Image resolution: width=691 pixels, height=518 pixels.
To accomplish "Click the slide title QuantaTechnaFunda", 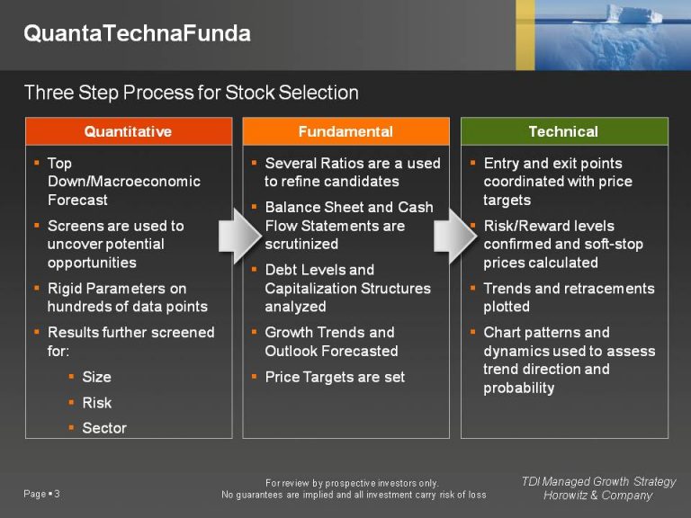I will click(x=137, y=34).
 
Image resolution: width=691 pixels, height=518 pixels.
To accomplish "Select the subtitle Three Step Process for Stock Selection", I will click(x=191, y=93).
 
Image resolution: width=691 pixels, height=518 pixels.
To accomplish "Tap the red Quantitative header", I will click(x=128, y=131).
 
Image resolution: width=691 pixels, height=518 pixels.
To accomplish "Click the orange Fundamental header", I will click(x=345, y=131).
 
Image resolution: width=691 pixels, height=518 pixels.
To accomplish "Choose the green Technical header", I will click(x=563, y=131).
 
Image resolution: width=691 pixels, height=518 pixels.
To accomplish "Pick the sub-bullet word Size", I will click(x=97, y=377).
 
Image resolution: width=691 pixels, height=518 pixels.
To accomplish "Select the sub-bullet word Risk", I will click(x=97, y=403).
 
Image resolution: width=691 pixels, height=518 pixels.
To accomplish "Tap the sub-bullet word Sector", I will click(x=104, y=428).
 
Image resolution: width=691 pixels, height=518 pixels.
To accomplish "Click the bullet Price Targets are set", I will click(x=335, y=377).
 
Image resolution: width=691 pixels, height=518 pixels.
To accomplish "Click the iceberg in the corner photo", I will click(x=634, y=15).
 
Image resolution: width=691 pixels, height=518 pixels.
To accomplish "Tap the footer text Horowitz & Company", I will click(x=598, y=496).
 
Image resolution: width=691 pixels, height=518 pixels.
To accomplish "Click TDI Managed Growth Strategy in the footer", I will click(x=598, y=482).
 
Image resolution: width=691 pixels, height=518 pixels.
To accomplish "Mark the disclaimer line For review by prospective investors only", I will click(x=352, y=483).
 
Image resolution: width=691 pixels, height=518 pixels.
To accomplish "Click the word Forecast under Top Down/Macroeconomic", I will click(x=77, y=200).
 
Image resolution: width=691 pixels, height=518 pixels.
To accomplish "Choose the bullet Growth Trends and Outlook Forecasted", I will click(x=331, y=342).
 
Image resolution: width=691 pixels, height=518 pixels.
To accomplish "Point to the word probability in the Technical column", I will click(x=519, y=388).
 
